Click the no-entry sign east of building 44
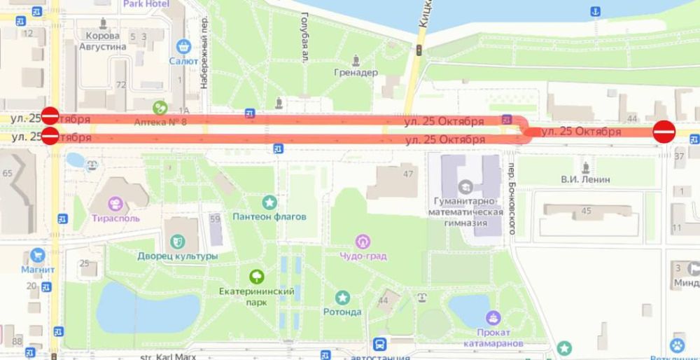tap(664, 131)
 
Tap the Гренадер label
tap(356, 72)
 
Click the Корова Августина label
tap(106, 41)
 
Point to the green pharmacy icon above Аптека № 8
tap(160, 108)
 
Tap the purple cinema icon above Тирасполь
tap(115, 204)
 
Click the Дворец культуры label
tap(178, 256)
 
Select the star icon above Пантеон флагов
tap(269, 202)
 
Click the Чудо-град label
tap(363, 256)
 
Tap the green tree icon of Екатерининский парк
tap(256, 277)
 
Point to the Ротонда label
tap(342, 312)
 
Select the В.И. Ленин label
tap(585, 179)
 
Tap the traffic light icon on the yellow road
tap(419, 50)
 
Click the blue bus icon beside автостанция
tap(379, 345)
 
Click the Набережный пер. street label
tap(204, 53)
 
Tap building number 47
tap(408, 174)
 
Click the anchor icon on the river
tap(595, 11)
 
